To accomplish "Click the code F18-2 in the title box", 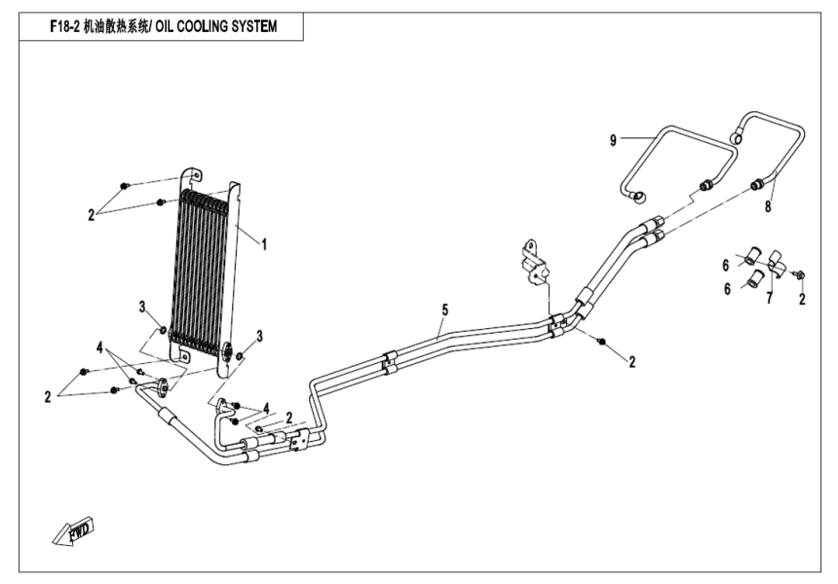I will [66, 28].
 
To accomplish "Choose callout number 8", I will [768, 206].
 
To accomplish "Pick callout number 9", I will [613, 140].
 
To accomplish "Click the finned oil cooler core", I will [200, 263].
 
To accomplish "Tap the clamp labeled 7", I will [776, 262].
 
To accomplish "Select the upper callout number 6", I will [725, 264].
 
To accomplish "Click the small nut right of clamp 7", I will [798, 276].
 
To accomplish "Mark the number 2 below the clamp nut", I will [801, 300].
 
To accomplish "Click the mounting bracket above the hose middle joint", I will [534, 260].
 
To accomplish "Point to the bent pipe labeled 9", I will [672, 156].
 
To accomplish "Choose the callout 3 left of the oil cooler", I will [142, 308].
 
